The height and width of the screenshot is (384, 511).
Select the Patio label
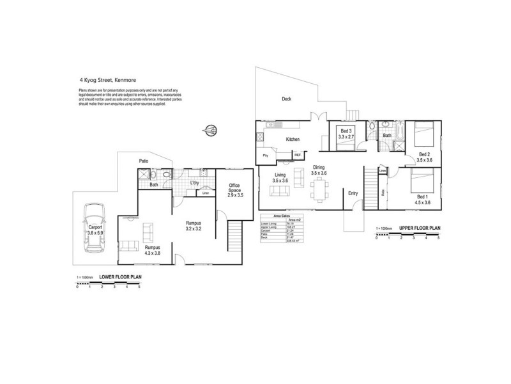click(145, 161)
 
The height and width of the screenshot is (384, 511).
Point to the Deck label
click(287, 99)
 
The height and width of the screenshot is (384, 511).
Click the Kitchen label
click(293, 139)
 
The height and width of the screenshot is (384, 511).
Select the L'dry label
click(196, 184)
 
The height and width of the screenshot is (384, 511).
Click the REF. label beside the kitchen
click(298, 154)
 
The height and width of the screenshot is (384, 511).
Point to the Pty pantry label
click(265, 155)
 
